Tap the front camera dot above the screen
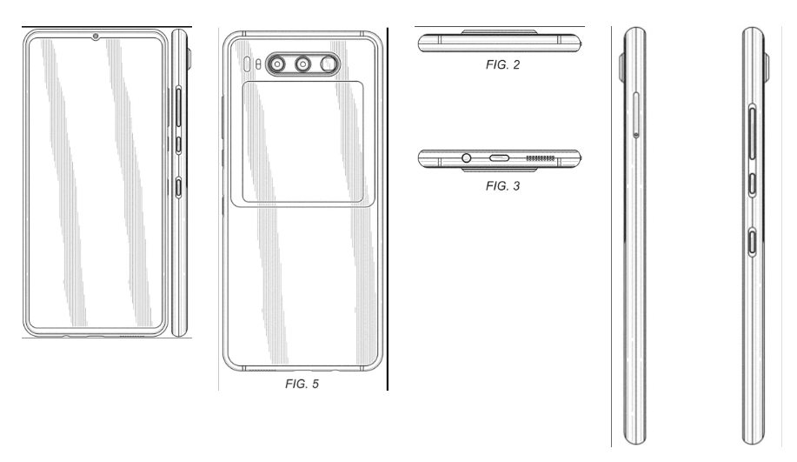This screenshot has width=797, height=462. tap(94, 37)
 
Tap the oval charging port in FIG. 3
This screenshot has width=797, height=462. tap(501, 159)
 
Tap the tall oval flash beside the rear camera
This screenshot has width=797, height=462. tap(255, 64)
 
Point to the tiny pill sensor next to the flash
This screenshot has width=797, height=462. tap(246, 64)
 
